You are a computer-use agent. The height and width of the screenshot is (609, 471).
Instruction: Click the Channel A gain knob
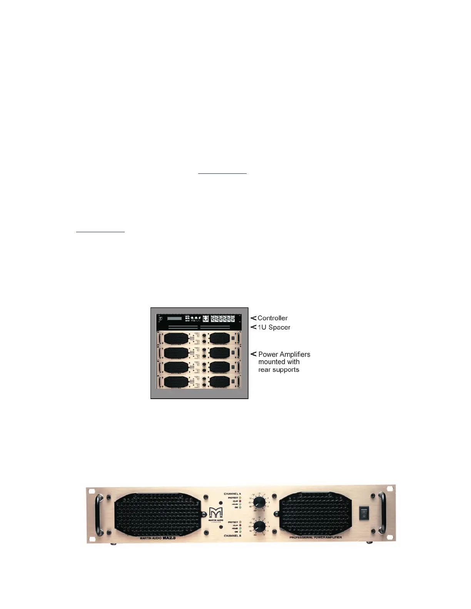coord(259,502)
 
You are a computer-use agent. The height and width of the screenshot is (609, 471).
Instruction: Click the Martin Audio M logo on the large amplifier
coord(216,513)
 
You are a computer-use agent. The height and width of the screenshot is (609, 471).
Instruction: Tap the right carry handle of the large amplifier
coord(382,514)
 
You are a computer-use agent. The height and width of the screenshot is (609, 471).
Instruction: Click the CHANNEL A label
coord(232,494)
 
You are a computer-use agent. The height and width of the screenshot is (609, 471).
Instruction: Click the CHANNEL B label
coord(232,536)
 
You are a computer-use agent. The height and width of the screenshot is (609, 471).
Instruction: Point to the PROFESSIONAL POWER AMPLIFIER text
coord(316,537)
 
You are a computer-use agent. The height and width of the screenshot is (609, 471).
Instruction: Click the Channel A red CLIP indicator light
coord(240,501)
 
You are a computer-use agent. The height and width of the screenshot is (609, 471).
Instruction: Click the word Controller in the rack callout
coord(272,318)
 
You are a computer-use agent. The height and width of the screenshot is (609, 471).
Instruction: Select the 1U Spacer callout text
coord(274,328)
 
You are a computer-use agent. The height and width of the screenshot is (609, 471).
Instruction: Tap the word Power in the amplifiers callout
coord(268,354)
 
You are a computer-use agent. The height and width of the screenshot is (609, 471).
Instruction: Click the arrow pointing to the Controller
coord(253,318)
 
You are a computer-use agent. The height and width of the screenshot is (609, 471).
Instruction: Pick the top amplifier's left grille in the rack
coord(176,338)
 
